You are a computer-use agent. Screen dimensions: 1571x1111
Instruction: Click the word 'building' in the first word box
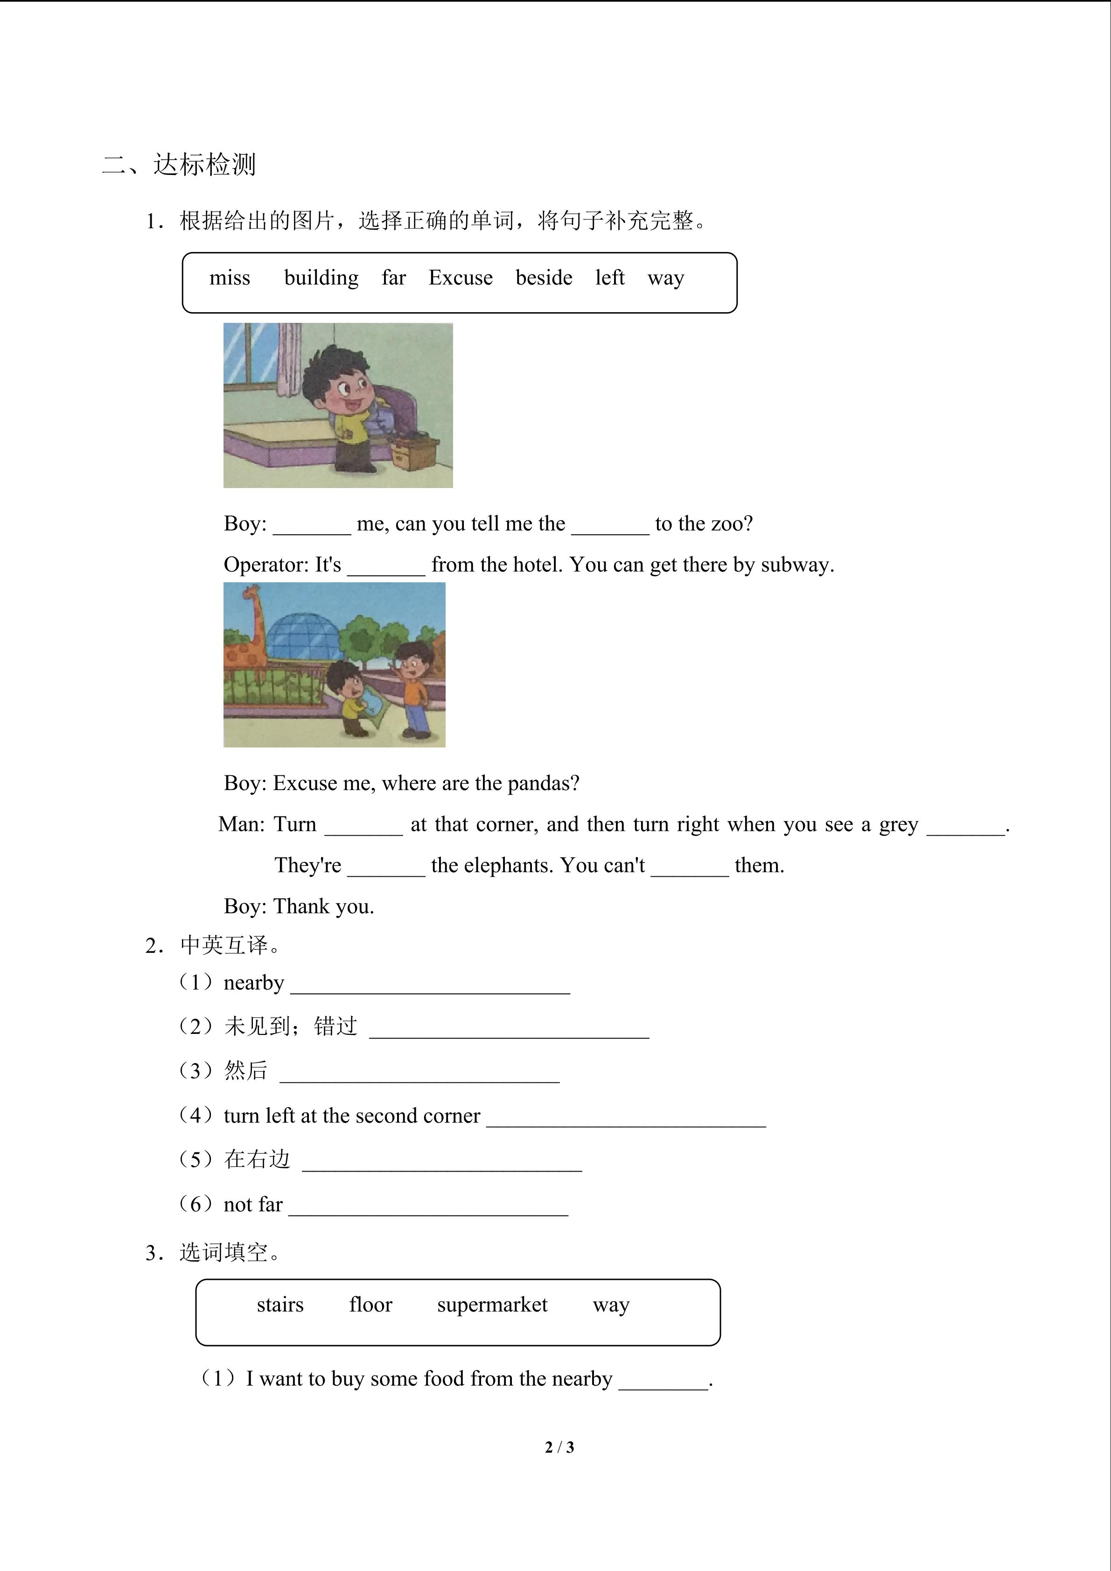click(321, 278)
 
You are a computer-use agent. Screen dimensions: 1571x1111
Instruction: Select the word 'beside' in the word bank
click(544, 278)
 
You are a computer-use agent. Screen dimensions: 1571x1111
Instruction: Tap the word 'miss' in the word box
click(230, 278)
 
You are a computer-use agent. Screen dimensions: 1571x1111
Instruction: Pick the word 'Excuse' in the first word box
click(461, 278)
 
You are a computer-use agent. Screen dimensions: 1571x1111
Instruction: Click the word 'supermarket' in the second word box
click(492, 1305)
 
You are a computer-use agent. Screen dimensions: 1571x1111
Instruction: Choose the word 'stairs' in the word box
click(280, 1305)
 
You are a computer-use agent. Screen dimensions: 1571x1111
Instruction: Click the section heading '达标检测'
click(204, 164)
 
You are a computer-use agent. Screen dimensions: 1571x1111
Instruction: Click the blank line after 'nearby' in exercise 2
click(430, 985)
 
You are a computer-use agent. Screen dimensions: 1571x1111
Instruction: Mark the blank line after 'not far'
click(428, 1207)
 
